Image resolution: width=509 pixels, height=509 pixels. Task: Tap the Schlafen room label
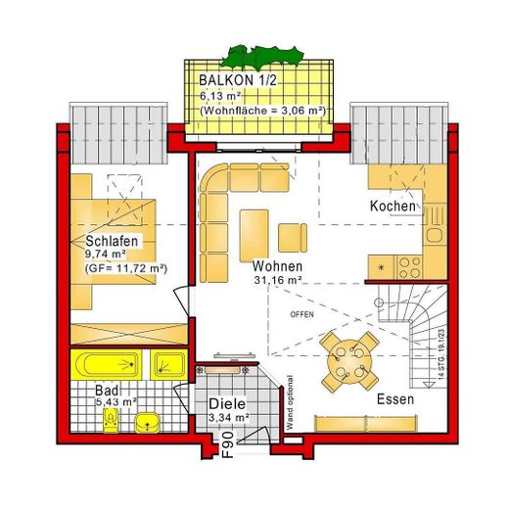(110, 241)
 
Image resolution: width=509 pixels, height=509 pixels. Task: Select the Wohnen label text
(276, 265)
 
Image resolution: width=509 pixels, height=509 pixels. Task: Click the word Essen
(395, 399)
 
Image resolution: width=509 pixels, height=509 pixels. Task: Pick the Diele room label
(226, 404)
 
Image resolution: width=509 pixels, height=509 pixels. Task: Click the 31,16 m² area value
(277, 281)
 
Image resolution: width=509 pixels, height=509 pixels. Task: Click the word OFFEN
(302, 314)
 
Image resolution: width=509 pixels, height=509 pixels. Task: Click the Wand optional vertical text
(289, 402)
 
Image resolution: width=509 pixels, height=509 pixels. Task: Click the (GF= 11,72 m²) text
(126, 267)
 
